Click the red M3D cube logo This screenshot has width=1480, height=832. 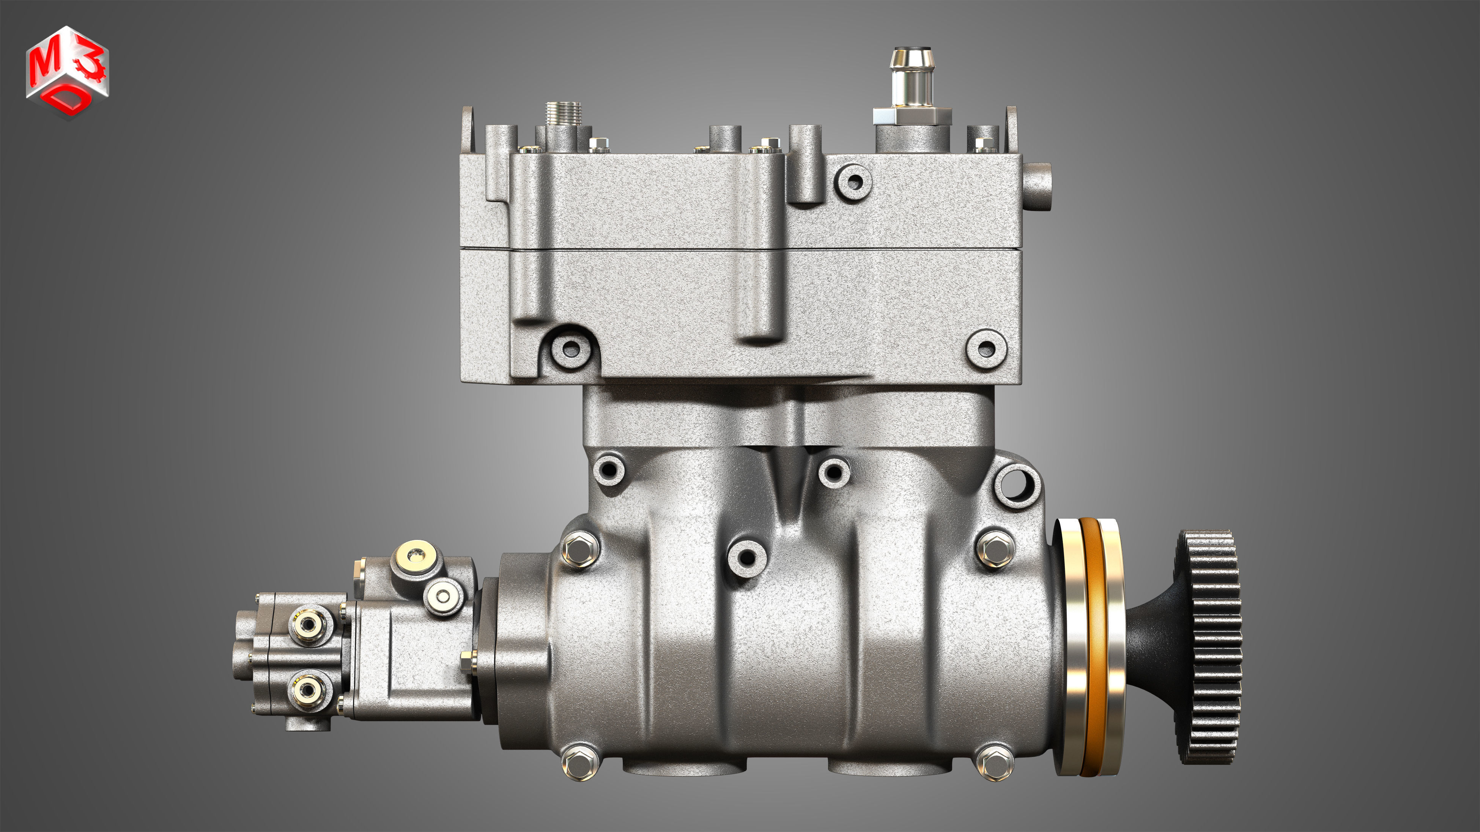pos(67,72)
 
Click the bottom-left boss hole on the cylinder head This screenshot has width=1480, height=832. pos(570,348)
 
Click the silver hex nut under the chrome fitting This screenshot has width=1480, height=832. pos(912,116)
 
